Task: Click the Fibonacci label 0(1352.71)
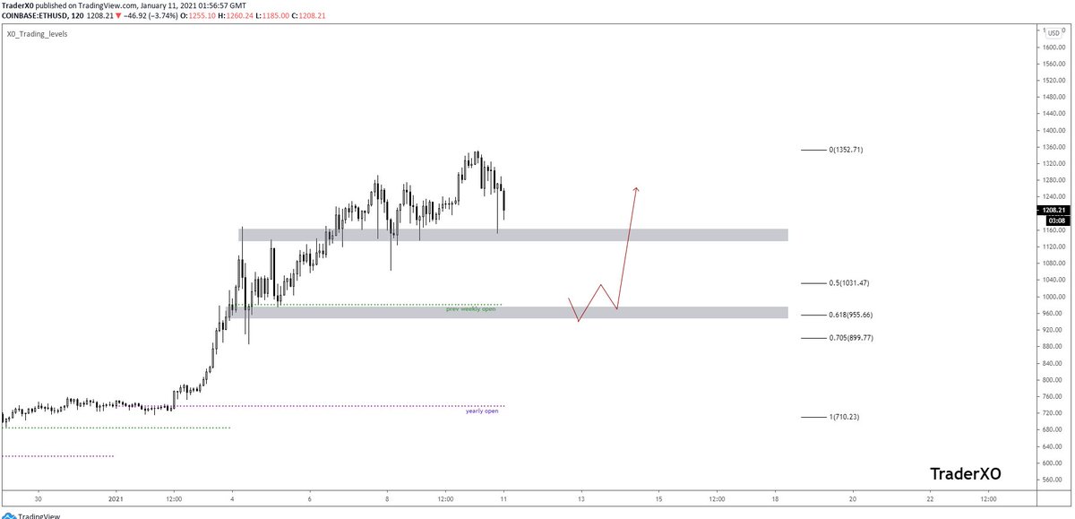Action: (845, 150)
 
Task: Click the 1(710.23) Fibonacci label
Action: (845, 417)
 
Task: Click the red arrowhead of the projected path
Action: (636, 188)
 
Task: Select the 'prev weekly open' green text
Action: (470, 308)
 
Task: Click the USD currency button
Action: (1053, 33)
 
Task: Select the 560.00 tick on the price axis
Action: (1050, 480)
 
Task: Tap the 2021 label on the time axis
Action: (116, 498)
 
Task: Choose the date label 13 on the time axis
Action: (580, 498)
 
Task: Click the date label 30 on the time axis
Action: (38, 498)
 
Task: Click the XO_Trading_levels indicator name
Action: (37, 34)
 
